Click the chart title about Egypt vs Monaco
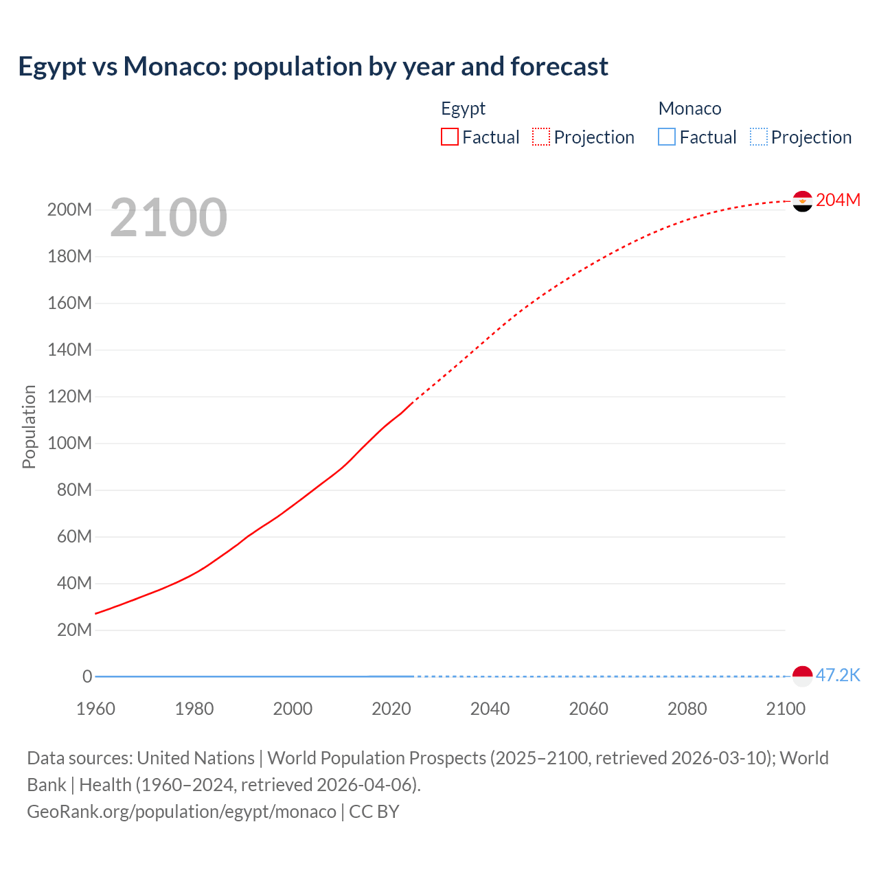pyautogui.click(x=313, y=67)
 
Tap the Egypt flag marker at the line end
pyautogui.click(x=802, y=201)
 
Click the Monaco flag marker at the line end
pyautogui.click(x=802, y=676)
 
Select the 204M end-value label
pyautogui.click(x=838, y=200)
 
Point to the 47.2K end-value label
pyautogui.click(x=838, y=676)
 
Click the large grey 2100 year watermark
pyautogui.click(x=168, y=218)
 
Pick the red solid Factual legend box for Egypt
pyautogui.click(x=450, y=137)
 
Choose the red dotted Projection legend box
pyautogui.click(x=541, y=137)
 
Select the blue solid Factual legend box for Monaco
pyautogui.click(x=667, y=137)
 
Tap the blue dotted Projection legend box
pyautogui.click(x=759, y=137)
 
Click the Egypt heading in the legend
pyautogui.click(x=463, y=109)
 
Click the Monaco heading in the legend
pyautogui.click(x=689, y=109)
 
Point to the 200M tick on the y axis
pyautogui.click(x=69, y=210)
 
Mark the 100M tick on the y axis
pyautogui.click(x=69, y=443)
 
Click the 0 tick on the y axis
pyautogui.click(x=87, y=676)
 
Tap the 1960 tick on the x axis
pyautogui.click(x=95, y=709)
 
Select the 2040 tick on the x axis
pyautogui.click(x=490, y=709)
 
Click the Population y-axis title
pyautogui.click(x=29, y=426)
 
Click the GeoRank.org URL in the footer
pyautogui.click(x=181, y=812)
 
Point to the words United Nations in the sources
pyautogui.click(x=196, y=758)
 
